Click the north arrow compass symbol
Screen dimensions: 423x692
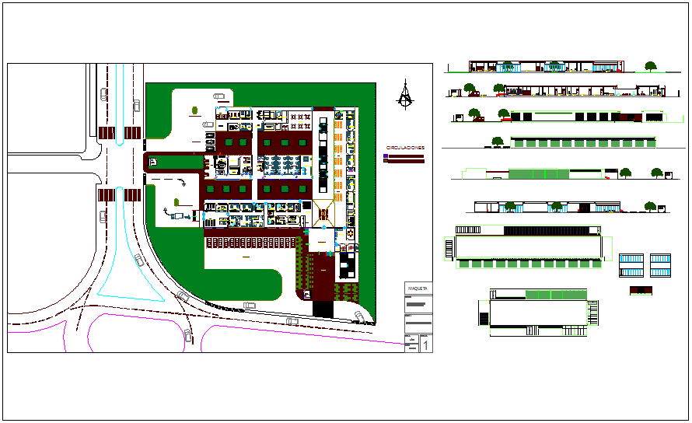tap(404, 95)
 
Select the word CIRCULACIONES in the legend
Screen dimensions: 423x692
tap(405, 147)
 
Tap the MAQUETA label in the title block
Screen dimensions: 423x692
tap(418, 289)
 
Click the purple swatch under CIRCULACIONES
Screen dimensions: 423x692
tap(386, 156)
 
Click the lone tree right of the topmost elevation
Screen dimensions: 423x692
tap(650, 67)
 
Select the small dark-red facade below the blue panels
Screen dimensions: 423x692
tap(641, 291)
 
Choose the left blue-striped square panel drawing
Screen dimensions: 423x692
tap(631, 264)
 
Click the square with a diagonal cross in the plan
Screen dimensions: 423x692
tap(325, 214)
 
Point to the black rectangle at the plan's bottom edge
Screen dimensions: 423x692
tap(323, 309)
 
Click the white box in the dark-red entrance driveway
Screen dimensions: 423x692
tap(153, 162)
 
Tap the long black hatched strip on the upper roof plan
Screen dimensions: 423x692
tap(551, 230)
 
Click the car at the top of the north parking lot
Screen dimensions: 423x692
tap(221, 96)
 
